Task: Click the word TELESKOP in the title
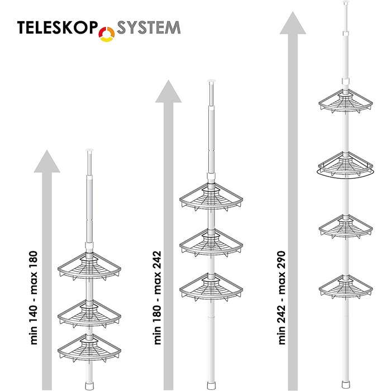tap(57, 27)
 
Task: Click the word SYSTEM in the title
tap(149, 27)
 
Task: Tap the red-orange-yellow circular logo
tap(107, 34)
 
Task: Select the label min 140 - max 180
tap(34, 298)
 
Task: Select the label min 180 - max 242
tap(158, 298)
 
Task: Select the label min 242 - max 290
tap(282, 298)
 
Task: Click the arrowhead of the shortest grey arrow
tap(47, 161)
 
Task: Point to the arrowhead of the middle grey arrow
tap(169, 91)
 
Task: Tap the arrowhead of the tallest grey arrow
tap(293, 23)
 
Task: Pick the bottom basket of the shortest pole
tap(89, 349)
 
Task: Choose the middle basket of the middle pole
tap(211, 244)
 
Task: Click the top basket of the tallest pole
tap(346, 102)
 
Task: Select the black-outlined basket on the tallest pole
tap(346, 165)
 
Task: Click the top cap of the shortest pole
tap(89, 150)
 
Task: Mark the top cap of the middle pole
tap(211, 81)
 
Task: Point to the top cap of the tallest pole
tap(346, 2)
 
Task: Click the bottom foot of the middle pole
tap(211, 385)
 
